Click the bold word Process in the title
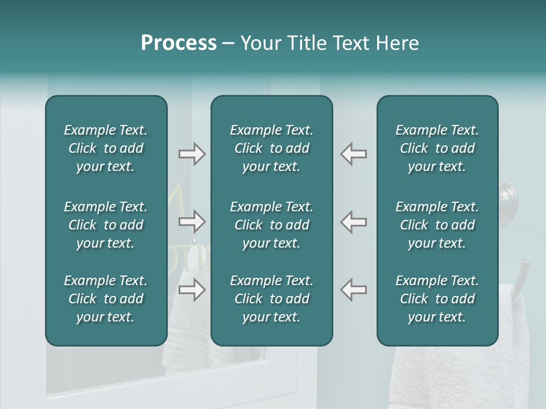(x=179, y=43)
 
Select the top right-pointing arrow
(x=192, y=154)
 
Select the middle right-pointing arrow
(x=192, y=222)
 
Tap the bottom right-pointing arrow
(x=192, y=290)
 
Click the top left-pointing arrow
(x=354, y=154)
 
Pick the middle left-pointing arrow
(x=354, y=222)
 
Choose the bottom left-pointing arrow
(x=354, y=290)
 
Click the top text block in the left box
(x=106, y=148)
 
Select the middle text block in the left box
(x=106, y=225)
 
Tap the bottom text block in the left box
(x=106, y=299)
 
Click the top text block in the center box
(x=271, y=148)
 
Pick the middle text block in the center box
(x=271, y=225)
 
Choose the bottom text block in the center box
(x=271, y=299)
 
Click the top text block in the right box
(x=437, y=148)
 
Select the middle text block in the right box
(x=437, y=225)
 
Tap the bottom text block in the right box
(x=437, y=299)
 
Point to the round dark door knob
(x=507, y=199)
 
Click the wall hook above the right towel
(x=522, y=275)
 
